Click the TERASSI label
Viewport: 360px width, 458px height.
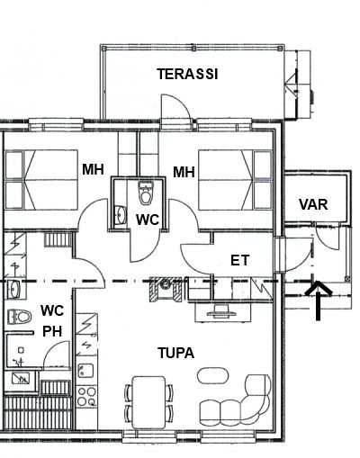coord(187,74)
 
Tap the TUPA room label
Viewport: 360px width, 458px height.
coord(176,353)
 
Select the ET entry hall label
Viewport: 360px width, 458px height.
coord(239,260)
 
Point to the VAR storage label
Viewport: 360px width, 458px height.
coord(313,204)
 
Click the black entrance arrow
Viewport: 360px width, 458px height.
coord(319,301)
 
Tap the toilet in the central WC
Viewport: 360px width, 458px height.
coord(146,193)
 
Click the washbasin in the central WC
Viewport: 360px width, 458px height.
coord(121,215)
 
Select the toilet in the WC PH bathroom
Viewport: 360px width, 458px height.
coord(19,317)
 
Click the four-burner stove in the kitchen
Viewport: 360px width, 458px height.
coord(86,396)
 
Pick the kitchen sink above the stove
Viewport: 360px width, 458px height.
coord(85,371)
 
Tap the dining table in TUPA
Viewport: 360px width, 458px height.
coord(149,402)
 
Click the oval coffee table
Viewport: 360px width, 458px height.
coord(212,375)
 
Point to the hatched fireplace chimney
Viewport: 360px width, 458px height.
coord(166,289)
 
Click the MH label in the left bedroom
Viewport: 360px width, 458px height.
coord(93,169)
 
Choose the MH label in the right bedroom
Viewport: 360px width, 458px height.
coord(184,172)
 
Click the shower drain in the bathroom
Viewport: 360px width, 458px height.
coord(21,350)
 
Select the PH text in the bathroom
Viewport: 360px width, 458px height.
coord(52,332)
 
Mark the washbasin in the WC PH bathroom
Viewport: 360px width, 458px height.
coord(13,289)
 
